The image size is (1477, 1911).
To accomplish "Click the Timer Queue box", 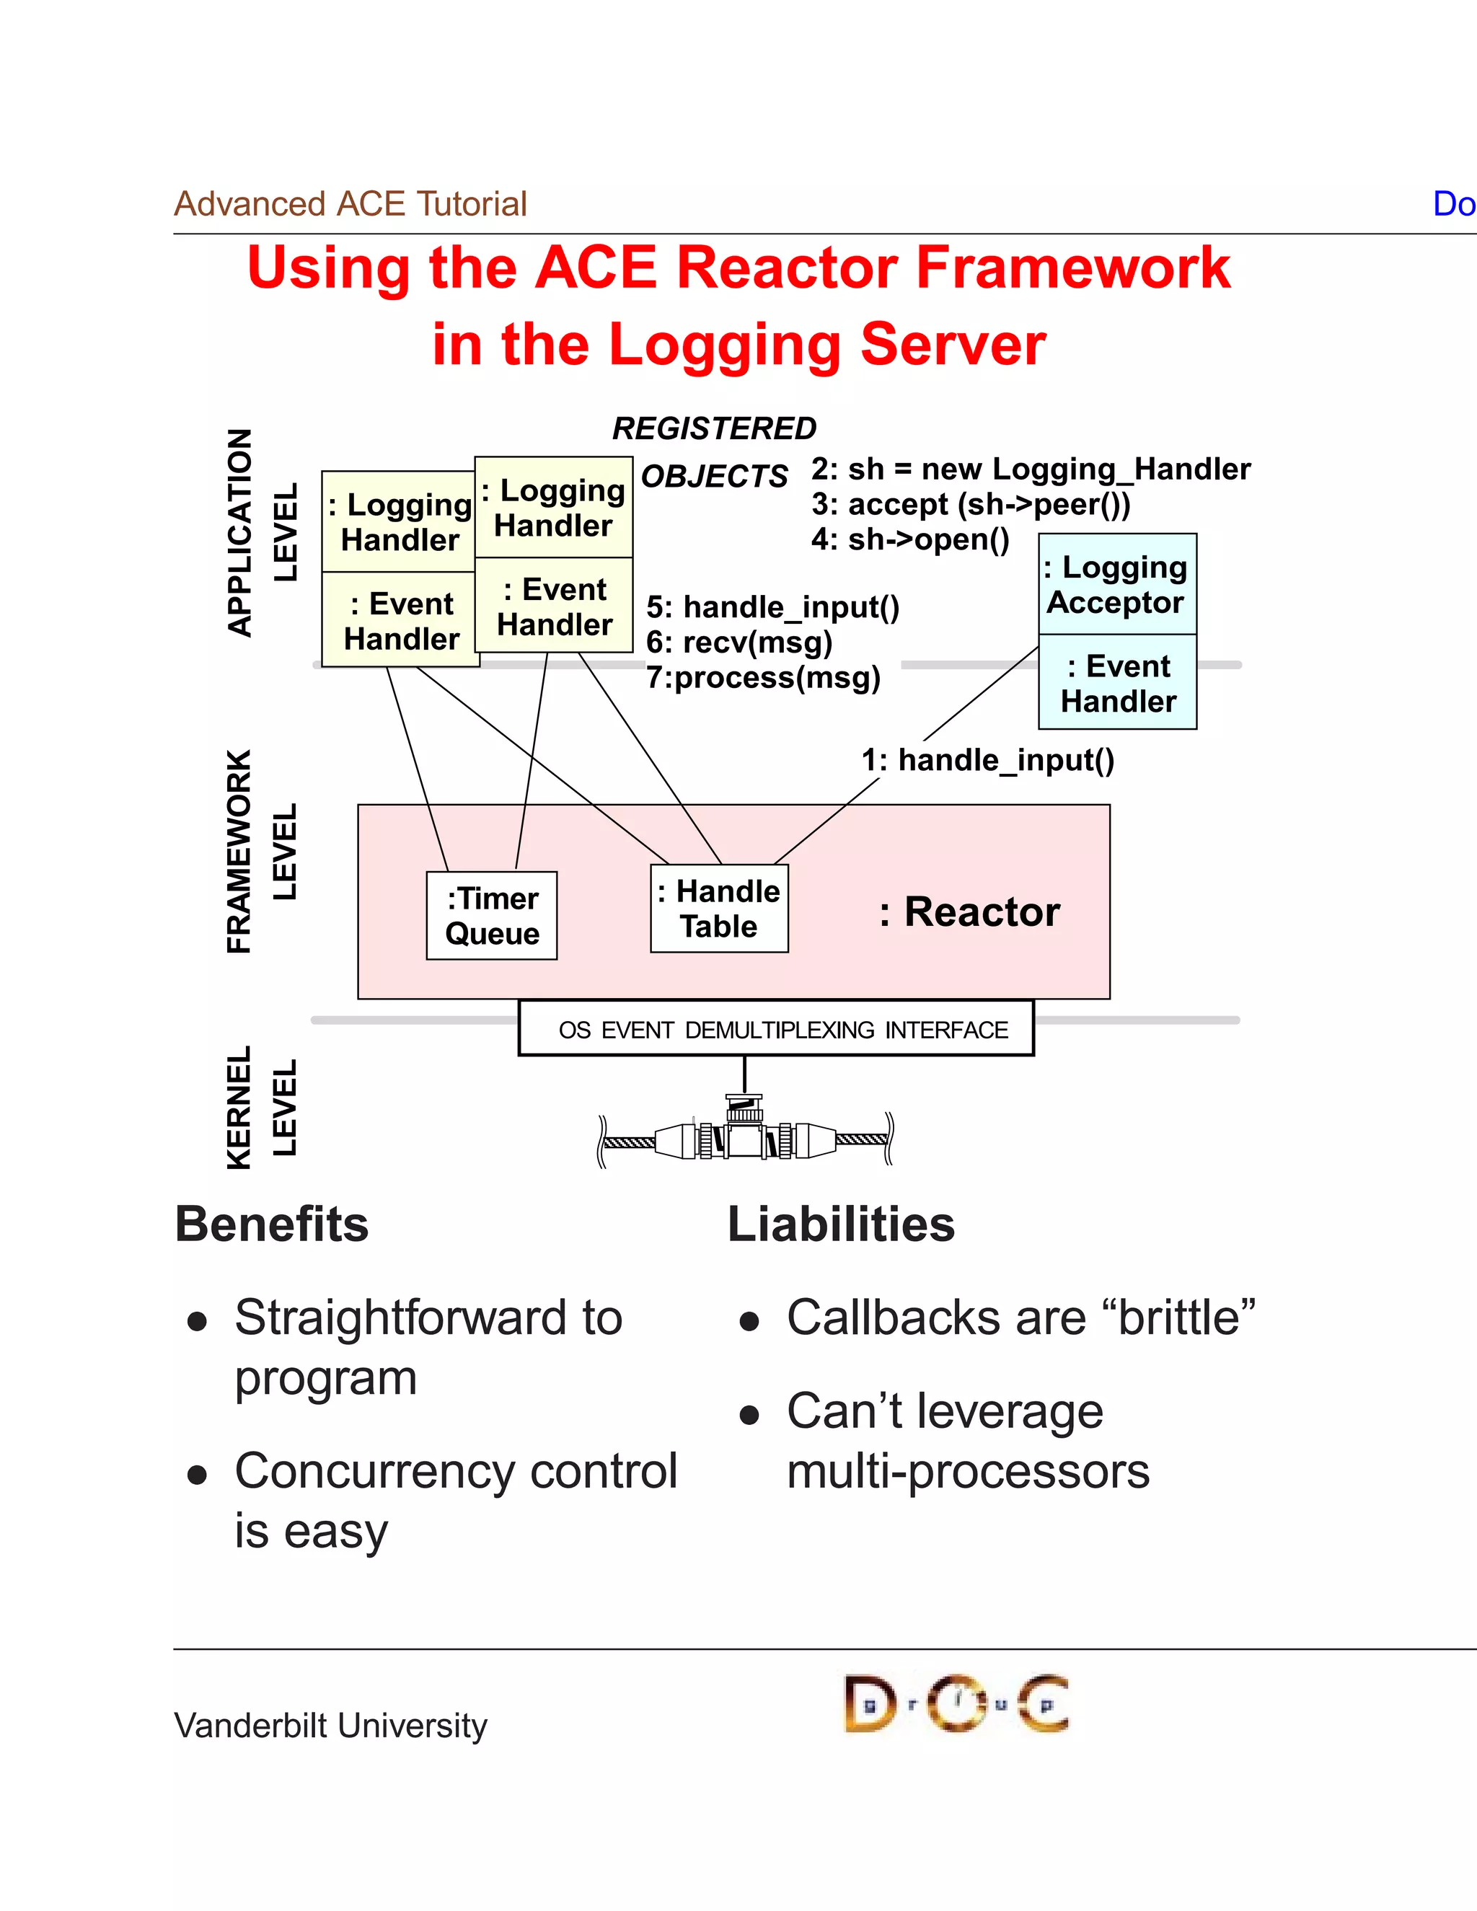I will (x=492, y=915).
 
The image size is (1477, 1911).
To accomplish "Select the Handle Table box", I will (x=719, y=908).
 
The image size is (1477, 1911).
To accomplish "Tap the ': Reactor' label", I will (x=969, y=912).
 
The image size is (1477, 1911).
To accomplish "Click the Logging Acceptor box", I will (x=1117, y=585).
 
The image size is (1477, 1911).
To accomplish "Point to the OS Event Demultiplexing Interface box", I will (x=776, y=1029).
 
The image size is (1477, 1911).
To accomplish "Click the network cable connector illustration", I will (x=744, y=1136).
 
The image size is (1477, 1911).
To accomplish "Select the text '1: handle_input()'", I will (x=988, y=759).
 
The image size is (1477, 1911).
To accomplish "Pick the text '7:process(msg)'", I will (x=763, y=677).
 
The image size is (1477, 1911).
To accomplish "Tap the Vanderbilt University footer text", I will (x=331, y=1726).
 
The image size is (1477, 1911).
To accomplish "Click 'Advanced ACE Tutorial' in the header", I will (x=350, y=204).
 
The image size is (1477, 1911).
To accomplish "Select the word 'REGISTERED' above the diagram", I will (x=714, y=429).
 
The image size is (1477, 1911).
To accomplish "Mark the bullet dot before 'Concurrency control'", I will (x=197, y=1475).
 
